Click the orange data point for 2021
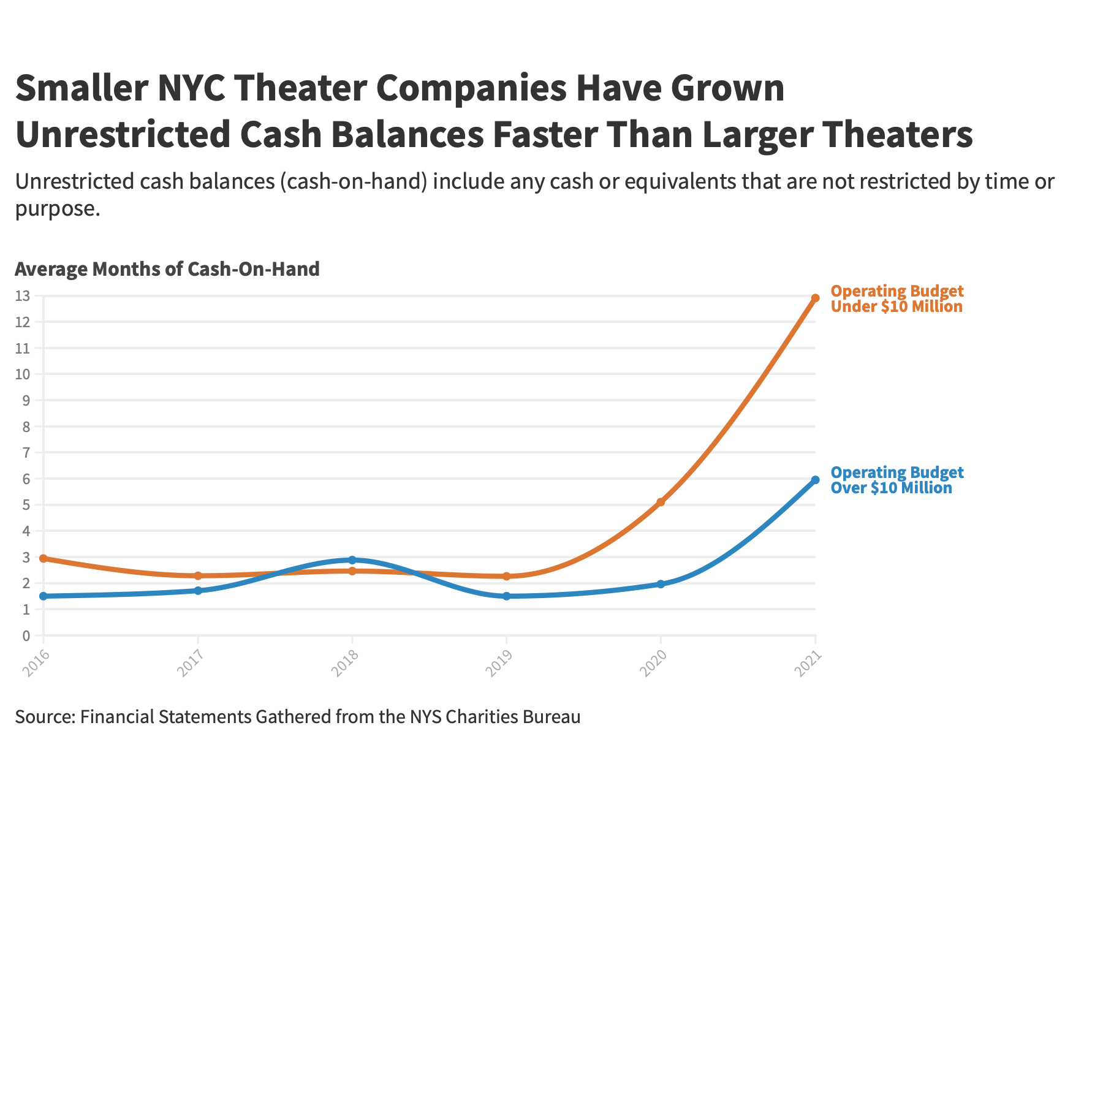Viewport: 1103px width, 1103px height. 815,298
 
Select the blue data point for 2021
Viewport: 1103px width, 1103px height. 815,480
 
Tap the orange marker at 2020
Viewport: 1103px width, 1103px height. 661,502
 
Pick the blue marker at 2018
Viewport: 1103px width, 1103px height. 352,560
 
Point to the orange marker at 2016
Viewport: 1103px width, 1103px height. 44,559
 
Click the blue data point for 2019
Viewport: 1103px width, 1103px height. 507,596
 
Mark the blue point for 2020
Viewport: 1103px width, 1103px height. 661,584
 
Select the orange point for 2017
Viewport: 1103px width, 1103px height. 198,576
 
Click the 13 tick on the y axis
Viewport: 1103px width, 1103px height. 26,296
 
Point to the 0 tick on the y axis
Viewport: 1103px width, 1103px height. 26,635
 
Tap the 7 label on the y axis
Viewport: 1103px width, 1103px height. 26,453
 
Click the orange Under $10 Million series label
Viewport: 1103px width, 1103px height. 897,299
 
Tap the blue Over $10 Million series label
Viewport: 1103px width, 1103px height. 897,480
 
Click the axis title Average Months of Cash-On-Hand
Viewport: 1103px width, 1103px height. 167,269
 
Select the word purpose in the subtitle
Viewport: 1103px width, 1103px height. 57,210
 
